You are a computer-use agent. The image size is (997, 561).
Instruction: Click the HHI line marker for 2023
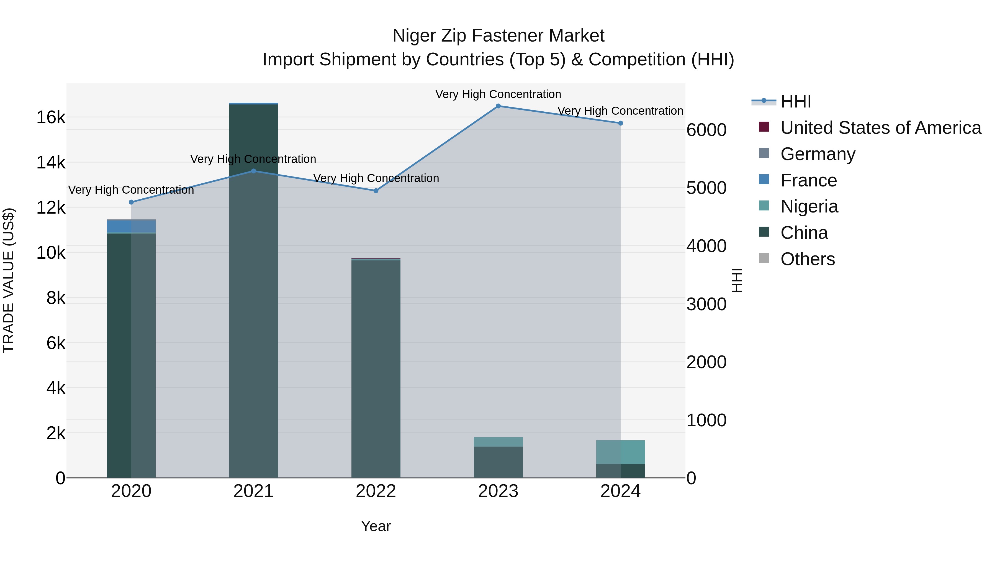pyautogui.click(x=498, y=106)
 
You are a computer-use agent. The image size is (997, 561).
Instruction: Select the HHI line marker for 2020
pyautogui.click(x=131, y=202)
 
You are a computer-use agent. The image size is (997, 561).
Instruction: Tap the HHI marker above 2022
pyautogui.click(x=376, y=191)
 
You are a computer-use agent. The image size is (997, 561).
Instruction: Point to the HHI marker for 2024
pyautogui.click(x=620, y=123)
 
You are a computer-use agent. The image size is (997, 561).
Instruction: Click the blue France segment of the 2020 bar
pyautogui.click(x=131, y=227)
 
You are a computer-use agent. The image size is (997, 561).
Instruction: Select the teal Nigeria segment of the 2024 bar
pyautogui.click(x=620, y=452)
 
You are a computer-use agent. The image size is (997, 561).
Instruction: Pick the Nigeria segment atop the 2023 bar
pyautogui.click(x=498, y=442)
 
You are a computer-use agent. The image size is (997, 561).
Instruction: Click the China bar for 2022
pyautogui.click(x=376, y=368)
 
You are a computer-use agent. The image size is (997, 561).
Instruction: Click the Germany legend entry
pyautogui.click(x=818, y=154)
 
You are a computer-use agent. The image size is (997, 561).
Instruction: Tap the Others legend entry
pyautogui.click(x=807, y=259)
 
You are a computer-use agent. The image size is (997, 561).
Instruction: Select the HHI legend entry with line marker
pyautogui.click(x=795, y=101)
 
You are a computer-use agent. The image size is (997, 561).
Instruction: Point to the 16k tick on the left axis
pyautogui.click(x=51, y=117)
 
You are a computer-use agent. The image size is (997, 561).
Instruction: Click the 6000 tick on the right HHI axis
pyautogui.click(x=706, y=130)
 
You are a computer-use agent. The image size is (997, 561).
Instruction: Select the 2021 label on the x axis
pyautogui.click(x=253, y=491)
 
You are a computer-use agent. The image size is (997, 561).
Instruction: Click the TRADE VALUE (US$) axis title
pyautogui.click(x=9, y=280)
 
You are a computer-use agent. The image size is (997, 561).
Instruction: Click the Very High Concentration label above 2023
pyautogui.click(x=498, y=94)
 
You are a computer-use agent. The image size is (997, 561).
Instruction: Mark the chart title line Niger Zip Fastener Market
pyautogui.click(x=498, y=36)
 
